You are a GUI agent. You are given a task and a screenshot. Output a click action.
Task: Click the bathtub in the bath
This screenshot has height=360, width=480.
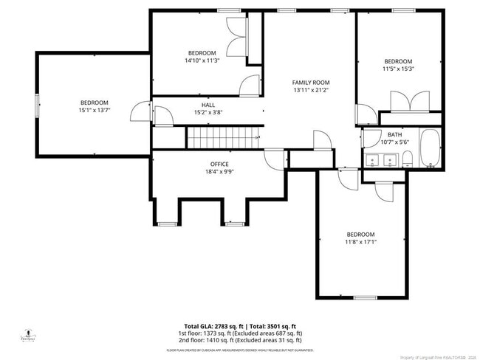pyautogui.click(x=430, y=148)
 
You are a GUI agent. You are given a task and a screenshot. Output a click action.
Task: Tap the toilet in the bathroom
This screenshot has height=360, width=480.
pyautogui.click(x=407, y=157)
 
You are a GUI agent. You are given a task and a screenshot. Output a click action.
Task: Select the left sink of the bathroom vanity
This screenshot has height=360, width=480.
pyautogui.click(x=373, y=159)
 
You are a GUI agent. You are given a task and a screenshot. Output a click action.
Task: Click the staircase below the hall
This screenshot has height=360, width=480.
pyautogui.click(x=223, y=137)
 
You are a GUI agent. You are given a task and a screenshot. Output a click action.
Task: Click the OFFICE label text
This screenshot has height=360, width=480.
pyautogui.click(x=219, y=164)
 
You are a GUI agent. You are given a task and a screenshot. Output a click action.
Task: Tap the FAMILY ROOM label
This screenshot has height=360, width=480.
pyautogui.click(x=310, y=83)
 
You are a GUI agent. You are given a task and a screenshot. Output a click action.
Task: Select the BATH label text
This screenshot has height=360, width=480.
pyautogui.click(x=395, y=134)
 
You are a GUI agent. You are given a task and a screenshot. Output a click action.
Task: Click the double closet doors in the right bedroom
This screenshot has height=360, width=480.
pyautogui.click(x=411, y=101)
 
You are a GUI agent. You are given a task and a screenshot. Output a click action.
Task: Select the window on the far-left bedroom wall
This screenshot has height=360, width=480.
pyautogui.click(x=37, y=105)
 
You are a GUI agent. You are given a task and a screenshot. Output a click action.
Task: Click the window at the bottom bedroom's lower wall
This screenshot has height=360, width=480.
pyautogui.click(x=365, y=297)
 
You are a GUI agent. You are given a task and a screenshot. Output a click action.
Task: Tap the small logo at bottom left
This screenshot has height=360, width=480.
pyautogui.click(x=28, y=334)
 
